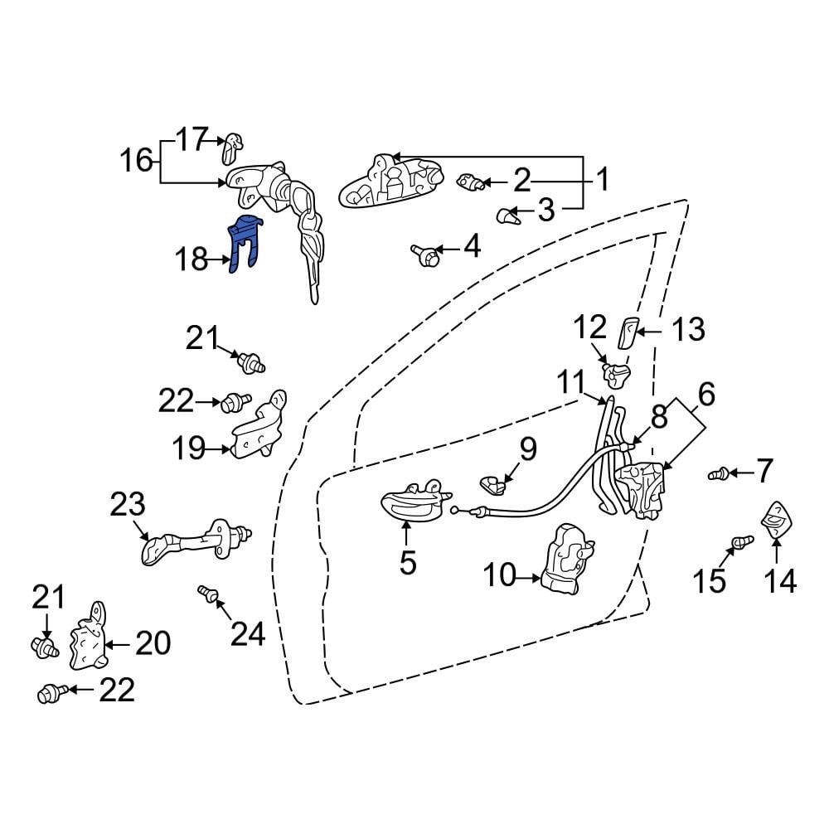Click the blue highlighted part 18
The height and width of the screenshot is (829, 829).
(x=246, y=242)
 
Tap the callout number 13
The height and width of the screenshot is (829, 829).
(x=688, y=330)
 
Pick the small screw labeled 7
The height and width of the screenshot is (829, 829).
(x=720, y=474)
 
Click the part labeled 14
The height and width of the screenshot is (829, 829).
(x=777, y=521)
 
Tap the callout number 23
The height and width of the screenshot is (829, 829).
(x=128, y=504)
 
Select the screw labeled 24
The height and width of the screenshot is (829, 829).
(x=209, y=594)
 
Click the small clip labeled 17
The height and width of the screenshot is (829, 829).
(x=230, y=148)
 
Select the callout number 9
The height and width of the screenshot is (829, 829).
(x=528, y=449)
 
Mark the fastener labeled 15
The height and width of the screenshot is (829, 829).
(x=740, y=543)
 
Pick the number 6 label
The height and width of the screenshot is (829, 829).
(x=706, y=395)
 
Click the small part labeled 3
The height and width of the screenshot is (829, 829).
(x=506, y=216)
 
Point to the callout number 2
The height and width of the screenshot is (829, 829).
(x=521, y=179)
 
